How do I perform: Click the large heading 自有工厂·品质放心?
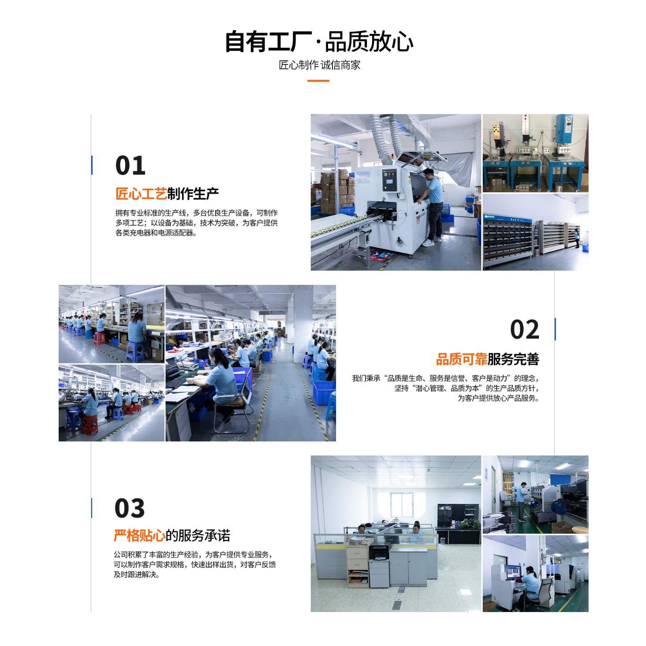[318, 41]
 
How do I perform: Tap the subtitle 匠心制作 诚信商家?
[319, 65]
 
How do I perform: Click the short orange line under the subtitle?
[318, 81]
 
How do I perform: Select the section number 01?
[130, 166]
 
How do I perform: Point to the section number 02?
[524, 330]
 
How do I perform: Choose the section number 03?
[129, 508]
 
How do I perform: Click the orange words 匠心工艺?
[141, 194]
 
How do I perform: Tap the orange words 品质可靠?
[461, 359]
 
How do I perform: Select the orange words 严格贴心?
[139, 535]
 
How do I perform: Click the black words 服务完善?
[513, 359]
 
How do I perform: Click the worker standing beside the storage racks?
[576, 238]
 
